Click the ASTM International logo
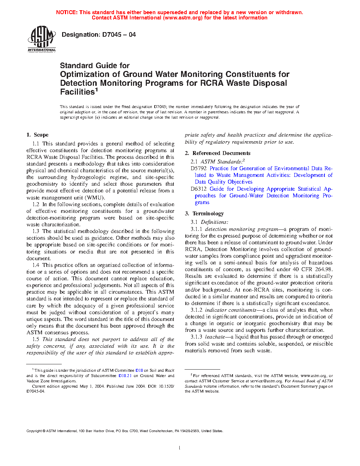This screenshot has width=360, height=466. pos(42,39)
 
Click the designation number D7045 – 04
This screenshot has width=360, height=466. pos(119,35)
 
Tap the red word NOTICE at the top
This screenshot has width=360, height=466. pos(67,12)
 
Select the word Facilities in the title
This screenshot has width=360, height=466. pos(77,92)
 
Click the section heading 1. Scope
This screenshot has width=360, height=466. pos(37,135)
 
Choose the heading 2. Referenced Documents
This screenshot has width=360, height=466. pos(217,153)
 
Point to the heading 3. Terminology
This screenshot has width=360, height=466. pos(204,214)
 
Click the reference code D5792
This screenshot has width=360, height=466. pos(199,168)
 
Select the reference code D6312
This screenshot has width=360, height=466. pos(199,189)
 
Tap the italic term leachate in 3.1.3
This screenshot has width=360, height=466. pos(215,337)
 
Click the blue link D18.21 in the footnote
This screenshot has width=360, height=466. pos(125,376)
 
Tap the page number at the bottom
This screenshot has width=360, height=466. pos(180,448)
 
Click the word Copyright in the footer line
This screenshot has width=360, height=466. pos(34,431)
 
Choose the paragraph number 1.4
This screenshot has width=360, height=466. pos(36,265)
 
